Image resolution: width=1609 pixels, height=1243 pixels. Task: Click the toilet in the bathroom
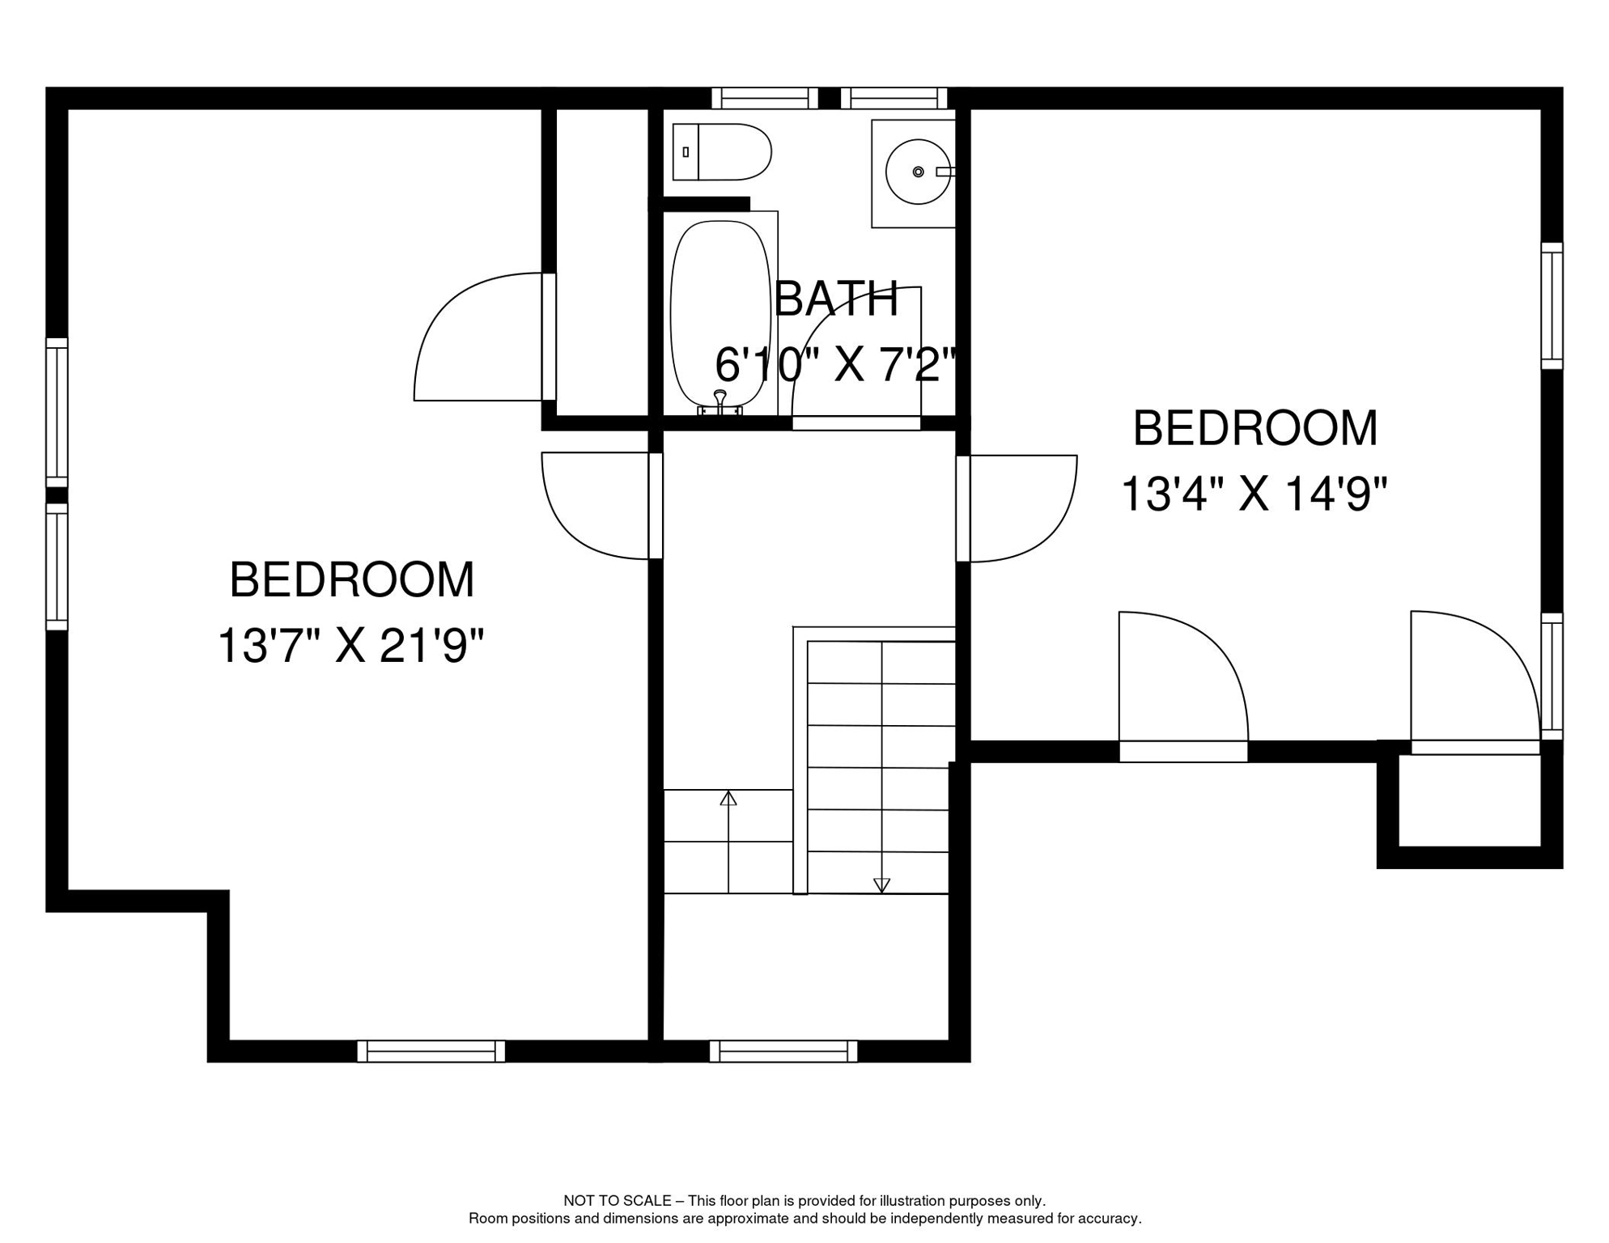[x=722, y=152]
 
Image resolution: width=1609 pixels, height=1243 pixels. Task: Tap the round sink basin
[x=918, y=172]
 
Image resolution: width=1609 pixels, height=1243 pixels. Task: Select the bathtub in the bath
[x=720, y=312]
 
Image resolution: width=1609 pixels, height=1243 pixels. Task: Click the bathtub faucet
[x=720, y=402]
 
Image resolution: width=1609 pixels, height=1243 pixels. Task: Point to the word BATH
[x=836, y=299]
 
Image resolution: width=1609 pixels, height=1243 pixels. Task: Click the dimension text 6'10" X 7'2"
[x=836, y=364]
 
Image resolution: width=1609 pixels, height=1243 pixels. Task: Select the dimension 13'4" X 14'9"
[x=1254, y=493]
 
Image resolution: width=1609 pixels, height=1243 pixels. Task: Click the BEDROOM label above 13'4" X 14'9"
[x=1255, y=428]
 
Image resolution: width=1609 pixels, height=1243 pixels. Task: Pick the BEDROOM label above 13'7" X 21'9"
[x=351, y=580]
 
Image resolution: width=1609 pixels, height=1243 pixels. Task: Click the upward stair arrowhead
[x=728, y=798]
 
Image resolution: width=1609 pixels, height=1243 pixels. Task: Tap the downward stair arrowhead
[x=882, y=885]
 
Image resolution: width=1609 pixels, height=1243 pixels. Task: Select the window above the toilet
[x=765, y=98]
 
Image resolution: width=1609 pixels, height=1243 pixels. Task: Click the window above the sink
[x=894, y=98]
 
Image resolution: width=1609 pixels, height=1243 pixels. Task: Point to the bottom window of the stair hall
[x=783, y=1051]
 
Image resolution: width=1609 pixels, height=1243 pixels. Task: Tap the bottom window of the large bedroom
[x=431, y=1051]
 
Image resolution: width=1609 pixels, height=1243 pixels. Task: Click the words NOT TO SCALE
[x=618, y=1201]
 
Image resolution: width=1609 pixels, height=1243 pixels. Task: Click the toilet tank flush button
[x=686, y=152]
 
